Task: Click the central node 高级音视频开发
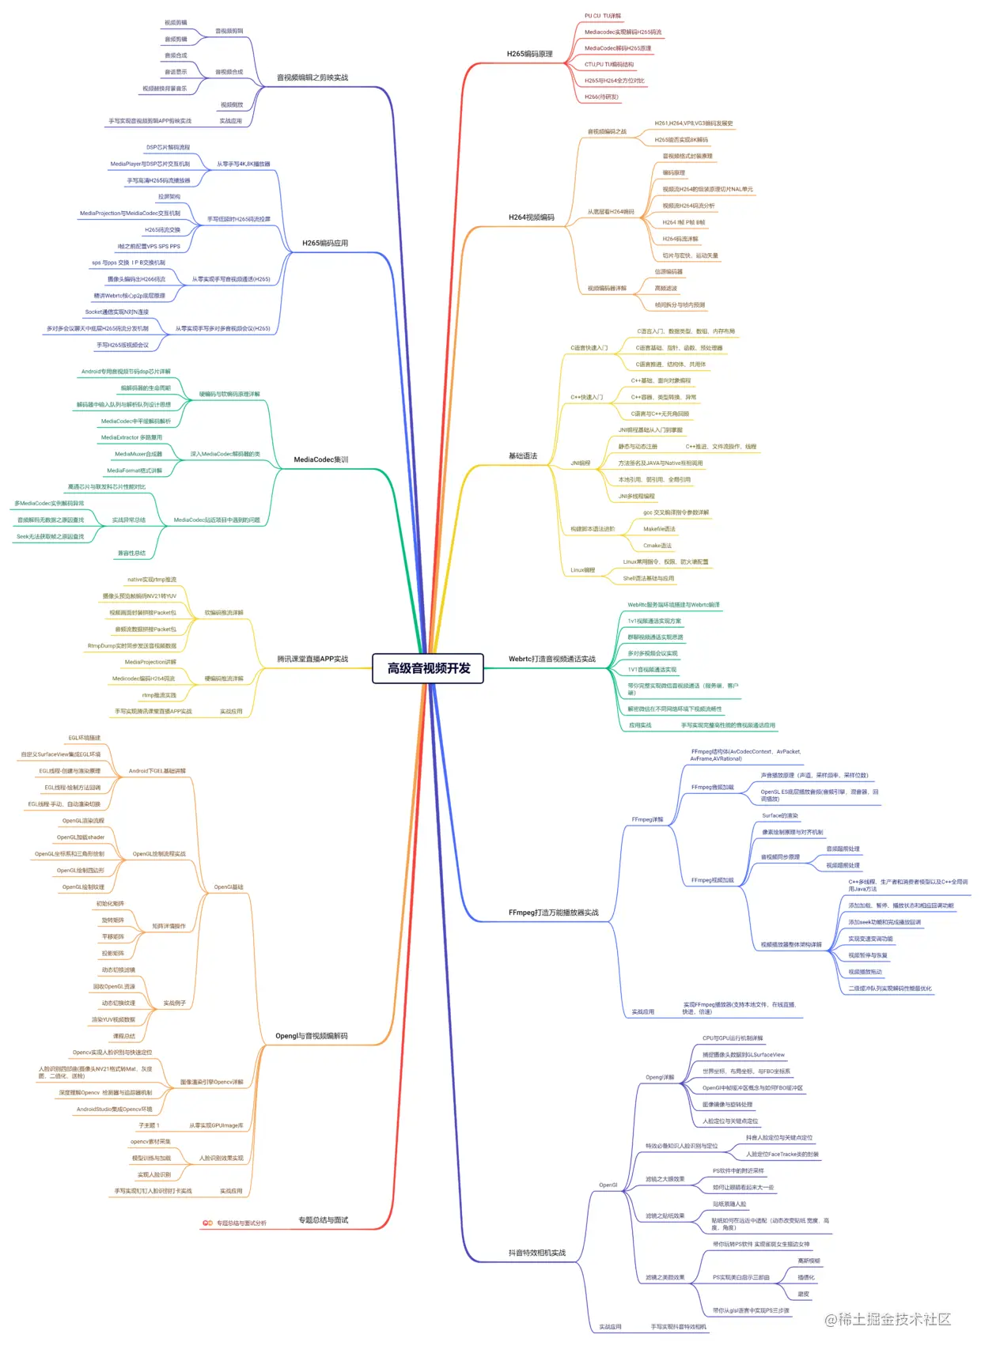click(x=428, y=668)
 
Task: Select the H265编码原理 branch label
click(x=529, y=55)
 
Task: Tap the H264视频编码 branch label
click(x=531, y=217)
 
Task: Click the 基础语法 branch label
click(x=522, y=456)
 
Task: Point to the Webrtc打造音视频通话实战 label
click(x=551, y=659)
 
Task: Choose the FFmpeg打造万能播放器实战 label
click(x=553, y=913)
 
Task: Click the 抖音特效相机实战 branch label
click(x=536, y=1253)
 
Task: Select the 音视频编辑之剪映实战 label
click(x=312, y=77)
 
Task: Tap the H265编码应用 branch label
click(x=324, y=244)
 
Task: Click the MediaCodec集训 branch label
click(x=320, y=459)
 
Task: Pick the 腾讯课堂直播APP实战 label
click(x=312, y=659)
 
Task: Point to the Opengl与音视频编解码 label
click(x=311, y=1036)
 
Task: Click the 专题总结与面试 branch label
click(x=323, y=1220)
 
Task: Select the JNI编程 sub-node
click(x=580, y=463)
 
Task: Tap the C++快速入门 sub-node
click(x=586, y=397)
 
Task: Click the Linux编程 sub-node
click(x=582, y=570)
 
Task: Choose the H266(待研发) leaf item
click(x=601, y=97)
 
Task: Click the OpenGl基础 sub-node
click(x=229, y=887)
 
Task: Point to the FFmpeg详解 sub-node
click(x=647, y=820)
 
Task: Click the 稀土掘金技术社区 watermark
click(x=888, y=1319)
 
